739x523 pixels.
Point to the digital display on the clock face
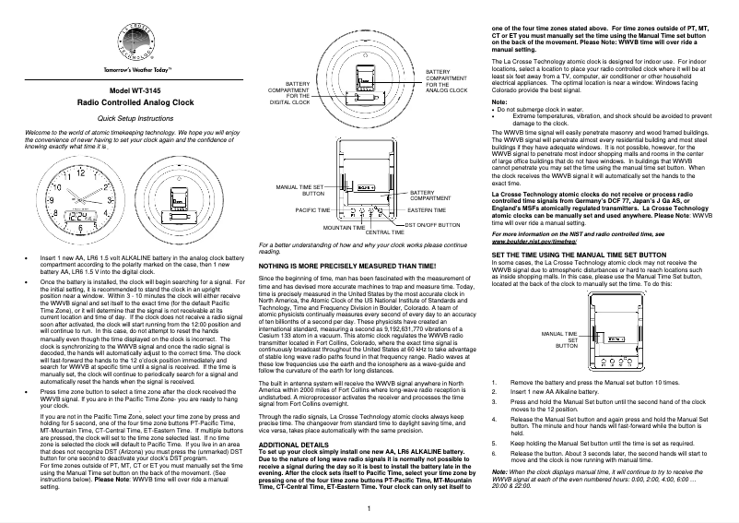click(80, 219)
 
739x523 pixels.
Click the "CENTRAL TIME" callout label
click(385, 232)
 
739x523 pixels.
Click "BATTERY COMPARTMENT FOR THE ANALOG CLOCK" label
click(447, 81)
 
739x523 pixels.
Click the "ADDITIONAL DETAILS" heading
click(293, 445)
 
